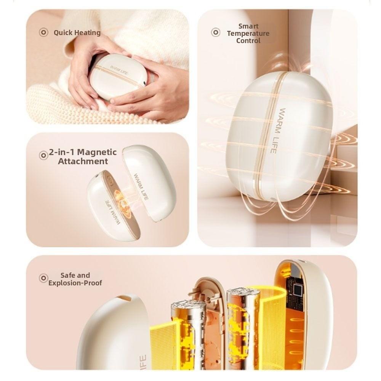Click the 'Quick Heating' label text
77,33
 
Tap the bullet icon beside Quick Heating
43,32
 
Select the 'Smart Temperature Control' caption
248,33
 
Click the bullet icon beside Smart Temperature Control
216,32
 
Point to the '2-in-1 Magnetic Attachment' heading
83,157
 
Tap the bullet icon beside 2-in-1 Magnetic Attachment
43,155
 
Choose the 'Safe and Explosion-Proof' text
75,279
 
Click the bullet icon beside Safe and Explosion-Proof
43,278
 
